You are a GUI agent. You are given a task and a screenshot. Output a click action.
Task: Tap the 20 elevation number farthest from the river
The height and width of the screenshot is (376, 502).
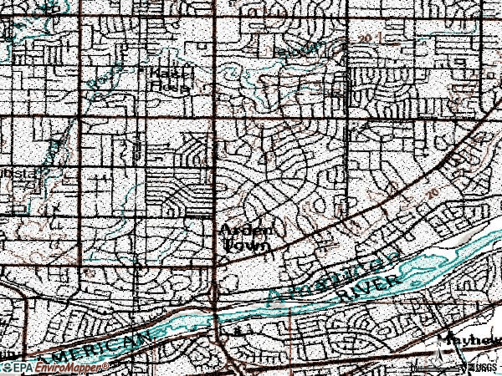[366, 38]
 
